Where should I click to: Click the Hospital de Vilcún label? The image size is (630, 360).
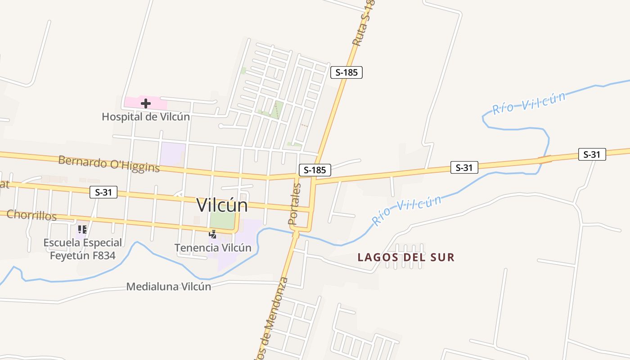pyautogui.click(x=145, y=117)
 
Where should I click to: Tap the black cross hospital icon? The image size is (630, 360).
pyautogui.click(x=145, y=103)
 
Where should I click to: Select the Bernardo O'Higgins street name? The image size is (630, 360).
pyautogui.click(x=109, y=164)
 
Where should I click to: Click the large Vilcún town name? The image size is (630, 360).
pyautogui.click(x=222, y=205)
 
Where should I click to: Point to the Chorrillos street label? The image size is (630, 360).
pyautogui.click(x=31, y=216)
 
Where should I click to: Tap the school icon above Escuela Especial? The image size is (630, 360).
pyautogui.click(x=82, y=229)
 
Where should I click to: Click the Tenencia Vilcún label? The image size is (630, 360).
pyautogui.click(x=213, y=247)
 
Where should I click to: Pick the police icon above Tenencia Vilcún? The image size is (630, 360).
pyautogui.click(x=213, y=234)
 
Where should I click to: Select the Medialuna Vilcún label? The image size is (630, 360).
pyautogui.click(x=169, y=287)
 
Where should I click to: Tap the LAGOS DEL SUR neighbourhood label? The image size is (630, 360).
pyautogui.click(x=406, y=257)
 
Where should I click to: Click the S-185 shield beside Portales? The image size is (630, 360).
pyautogui.click(x=315, y=170)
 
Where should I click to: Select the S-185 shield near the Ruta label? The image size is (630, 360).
pyautogui.click(x=346, y=72)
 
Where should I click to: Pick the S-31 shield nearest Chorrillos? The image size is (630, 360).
pyautogui.click(x=103, y=193)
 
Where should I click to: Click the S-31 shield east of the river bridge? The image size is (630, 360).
pyautogui.click(x=592, y=154)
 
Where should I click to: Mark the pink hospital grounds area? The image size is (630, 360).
pyautogui.click(x=135, y=103)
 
